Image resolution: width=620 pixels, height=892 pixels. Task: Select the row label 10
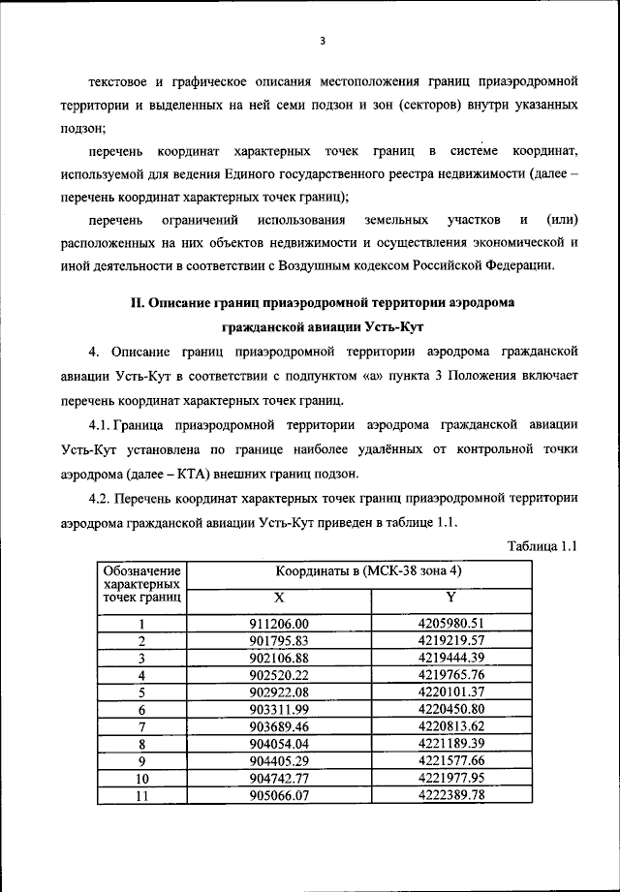click(142, 779)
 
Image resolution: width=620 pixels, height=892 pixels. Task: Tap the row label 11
click(142, 795)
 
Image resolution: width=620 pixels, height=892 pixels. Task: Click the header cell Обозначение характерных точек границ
click(142, 585)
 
